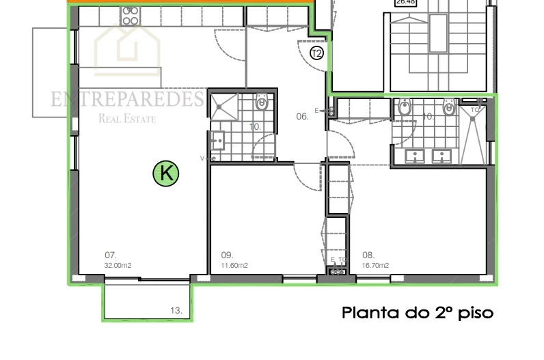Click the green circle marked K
[165, 174]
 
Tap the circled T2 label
[316, 53]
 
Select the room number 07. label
[109, 257]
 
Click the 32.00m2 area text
[117, 266]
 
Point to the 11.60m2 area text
[234, 266]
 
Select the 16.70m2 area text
[375, 266]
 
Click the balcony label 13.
[176, 311]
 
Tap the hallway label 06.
[302, 117]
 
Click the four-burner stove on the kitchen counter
[130, 16]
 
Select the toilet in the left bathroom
[261, 104]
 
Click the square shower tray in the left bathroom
[223, 106]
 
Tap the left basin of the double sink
[415, 156]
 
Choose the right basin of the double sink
[442, 156]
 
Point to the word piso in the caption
[474, 314]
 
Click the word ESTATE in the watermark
[140, 120]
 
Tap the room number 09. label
[228, 257]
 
